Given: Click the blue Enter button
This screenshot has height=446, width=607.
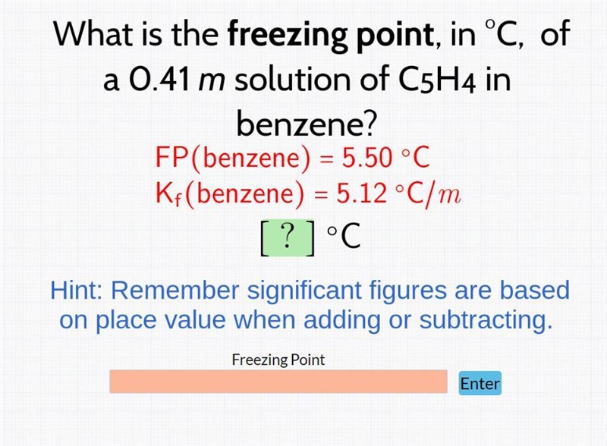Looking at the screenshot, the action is point(480,383).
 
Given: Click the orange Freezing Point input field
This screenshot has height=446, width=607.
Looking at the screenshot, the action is point(278,382).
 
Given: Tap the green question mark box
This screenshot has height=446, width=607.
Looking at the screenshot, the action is point(288,237).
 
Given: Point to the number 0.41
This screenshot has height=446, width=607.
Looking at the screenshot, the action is point(159,80).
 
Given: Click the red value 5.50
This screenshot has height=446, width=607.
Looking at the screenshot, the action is point(366,158).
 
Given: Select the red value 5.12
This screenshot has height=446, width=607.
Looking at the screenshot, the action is point(362,193).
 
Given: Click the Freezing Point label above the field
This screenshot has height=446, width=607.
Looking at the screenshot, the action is point(278,360).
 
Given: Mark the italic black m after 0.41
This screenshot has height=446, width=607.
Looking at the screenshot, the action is point(212,82).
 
